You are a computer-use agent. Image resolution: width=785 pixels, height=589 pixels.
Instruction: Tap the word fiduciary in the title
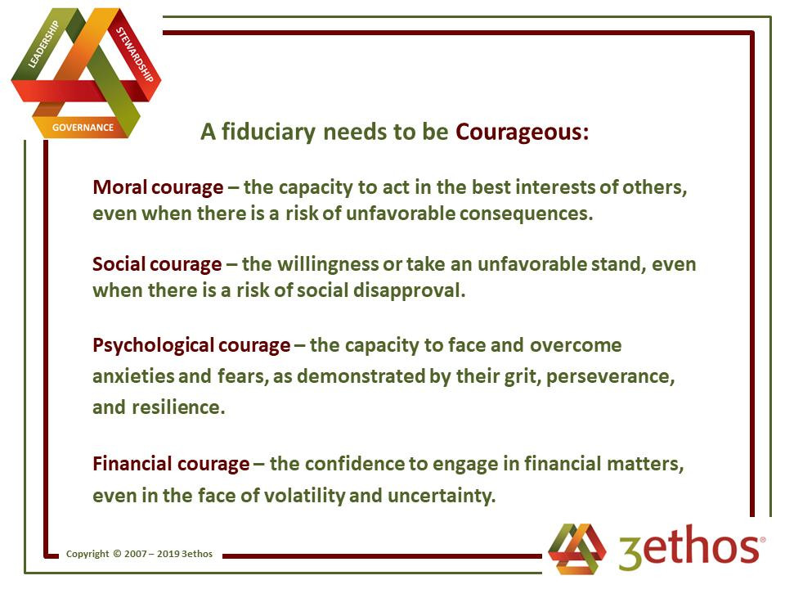(268, 133)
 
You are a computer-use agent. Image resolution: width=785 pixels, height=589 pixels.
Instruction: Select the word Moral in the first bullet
(119, 187)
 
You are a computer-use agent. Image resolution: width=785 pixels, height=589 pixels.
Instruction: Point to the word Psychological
(154, 345)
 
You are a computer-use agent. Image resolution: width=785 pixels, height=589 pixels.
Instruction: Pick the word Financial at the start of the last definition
(132, 464)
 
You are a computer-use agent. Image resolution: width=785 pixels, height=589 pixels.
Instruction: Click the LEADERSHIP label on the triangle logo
(43, 44)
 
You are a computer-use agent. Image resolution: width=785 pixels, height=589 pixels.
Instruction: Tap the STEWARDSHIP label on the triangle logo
(135, 54)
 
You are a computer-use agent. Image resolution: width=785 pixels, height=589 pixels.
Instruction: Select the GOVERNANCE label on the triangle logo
(83, 128)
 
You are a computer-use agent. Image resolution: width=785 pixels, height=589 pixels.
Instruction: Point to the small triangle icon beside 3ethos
(576, 548)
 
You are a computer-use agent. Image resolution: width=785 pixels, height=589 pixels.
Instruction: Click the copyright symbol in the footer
(117, 554)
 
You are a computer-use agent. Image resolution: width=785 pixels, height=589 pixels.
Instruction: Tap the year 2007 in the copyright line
(135, 554)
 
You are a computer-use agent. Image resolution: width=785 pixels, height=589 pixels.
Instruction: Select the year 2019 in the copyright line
(168, 554)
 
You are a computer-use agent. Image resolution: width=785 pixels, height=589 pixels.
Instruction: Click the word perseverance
(610, 376)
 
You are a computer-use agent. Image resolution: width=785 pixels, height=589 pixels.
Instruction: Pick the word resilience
(178, 407)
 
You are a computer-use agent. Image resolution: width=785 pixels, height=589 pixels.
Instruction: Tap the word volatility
(304, 496)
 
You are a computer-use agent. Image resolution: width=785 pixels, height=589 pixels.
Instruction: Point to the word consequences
(526, 214)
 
